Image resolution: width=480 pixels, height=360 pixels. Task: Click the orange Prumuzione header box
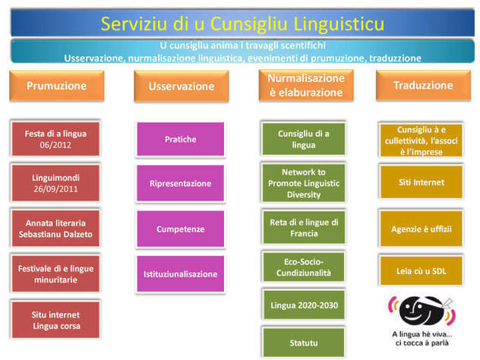(56, 86)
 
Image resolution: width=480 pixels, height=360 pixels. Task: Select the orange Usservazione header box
(181, 86)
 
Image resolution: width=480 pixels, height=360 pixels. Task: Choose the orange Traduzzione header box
(423, 86)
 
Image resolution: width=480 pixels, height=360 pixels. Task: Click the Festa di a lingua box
(55, 139)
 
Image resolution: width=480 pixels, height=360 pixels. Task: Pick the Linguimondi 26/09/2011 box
(55, 183)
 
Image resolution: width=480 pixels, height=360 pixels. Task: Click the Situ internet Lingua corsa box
(55, 320)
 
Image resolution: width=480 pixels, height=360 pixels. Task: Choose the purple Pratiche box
(181, 140)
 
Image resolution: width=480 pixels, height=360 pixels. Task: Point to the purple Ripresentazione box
(181, 183)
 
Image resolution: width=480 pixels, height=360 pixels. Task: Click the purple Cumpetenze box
(181, 229)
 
